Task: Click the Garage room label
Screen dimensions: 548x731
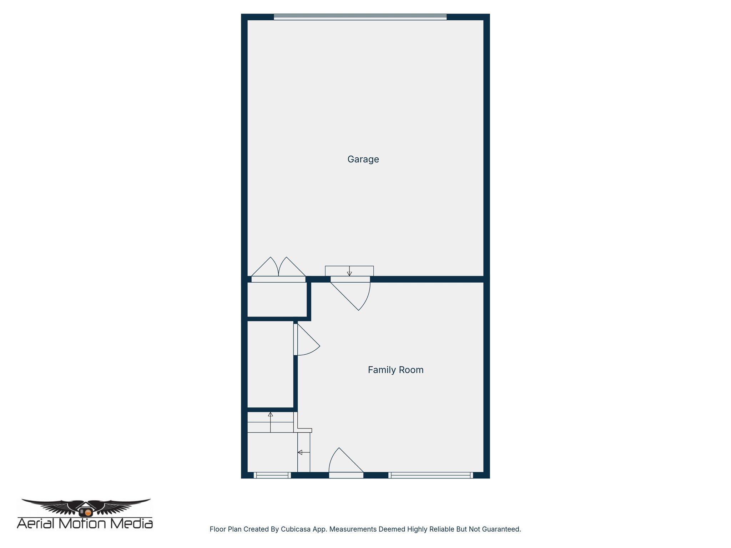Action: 363,159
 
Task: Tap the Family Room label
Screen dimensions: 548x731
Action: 395,370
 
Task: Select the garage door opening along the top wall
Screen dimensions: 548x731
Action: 360,17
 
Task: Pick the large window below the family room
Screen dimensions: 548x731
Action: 430,475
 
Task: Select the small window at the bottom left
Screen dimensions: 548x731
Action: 272,475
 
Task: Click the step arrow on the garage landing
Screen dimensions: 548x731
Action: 349,272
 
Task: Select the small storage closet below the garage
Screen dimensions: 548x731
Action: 277,300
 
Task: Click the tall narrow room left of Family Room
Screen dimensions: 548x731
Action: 270,364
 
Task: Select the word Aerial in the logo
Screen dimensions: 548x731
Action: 37,523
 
